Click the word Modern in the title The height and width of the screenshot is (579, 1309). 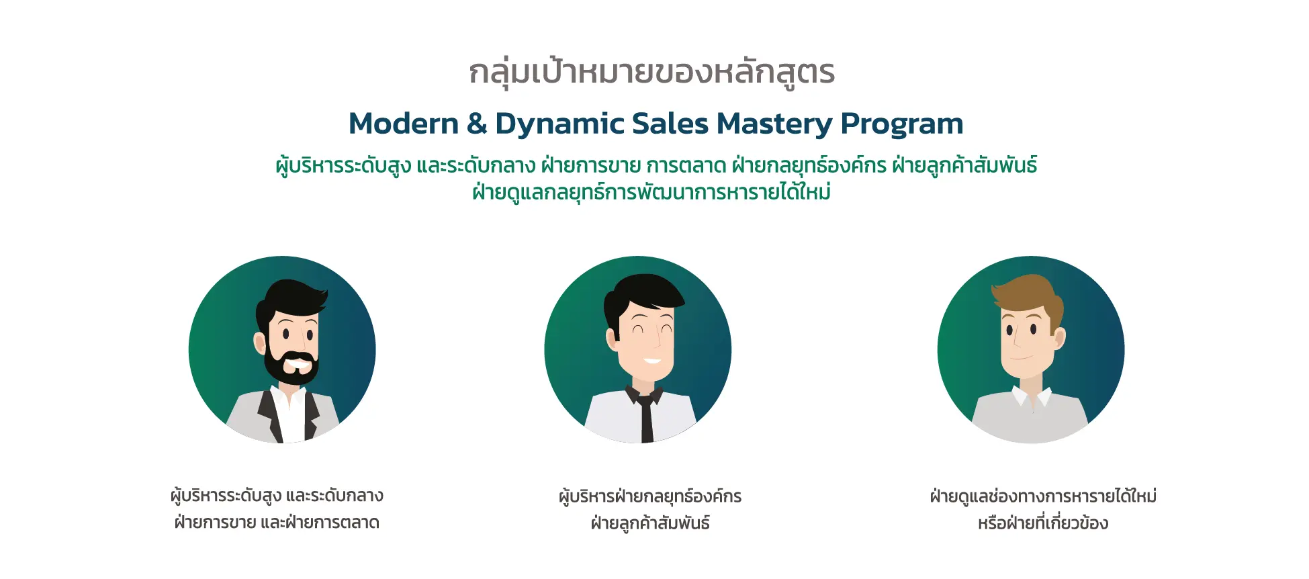[403, 124]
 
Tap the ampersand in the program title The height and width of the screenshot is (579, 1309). [477, 124]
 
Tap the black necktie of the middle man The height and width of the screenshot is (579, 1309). [646, 416]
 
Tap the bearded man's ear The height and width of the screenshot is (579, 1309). [260, 343]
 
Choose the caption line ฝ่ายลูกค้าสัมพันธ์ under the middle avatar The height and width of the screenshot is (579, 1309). [650, 523]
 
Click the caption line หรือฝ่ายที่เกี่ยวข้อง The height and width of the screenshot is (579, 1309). [1043, 523]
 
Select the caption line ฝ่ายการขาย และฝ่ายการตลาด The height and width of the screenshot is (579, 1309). [277, 523]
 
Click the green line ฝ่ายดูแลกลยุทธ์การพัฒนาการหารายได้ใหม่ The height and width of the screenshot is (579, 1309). [651, 193]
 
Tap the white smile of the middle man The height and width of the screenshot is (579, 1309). [651, 361]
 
